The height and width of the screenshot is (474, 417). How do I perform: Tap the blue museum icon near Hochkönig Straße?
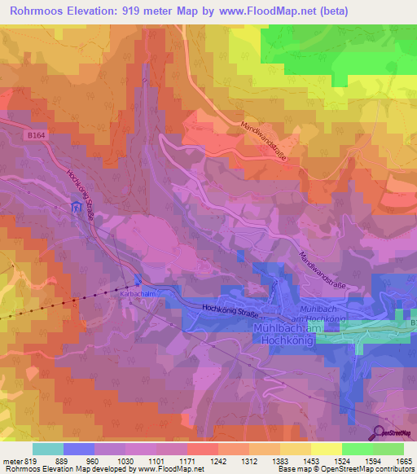click(77, 208)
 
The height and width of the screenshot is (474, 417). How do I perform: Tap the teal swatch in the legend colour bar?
click(47, 449)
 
